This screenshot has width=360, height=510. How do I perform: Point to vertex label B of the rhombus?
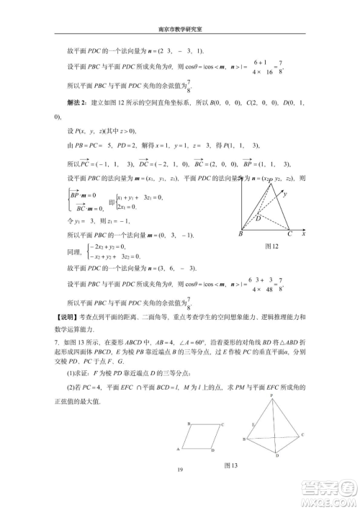[x=188, y=424]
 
